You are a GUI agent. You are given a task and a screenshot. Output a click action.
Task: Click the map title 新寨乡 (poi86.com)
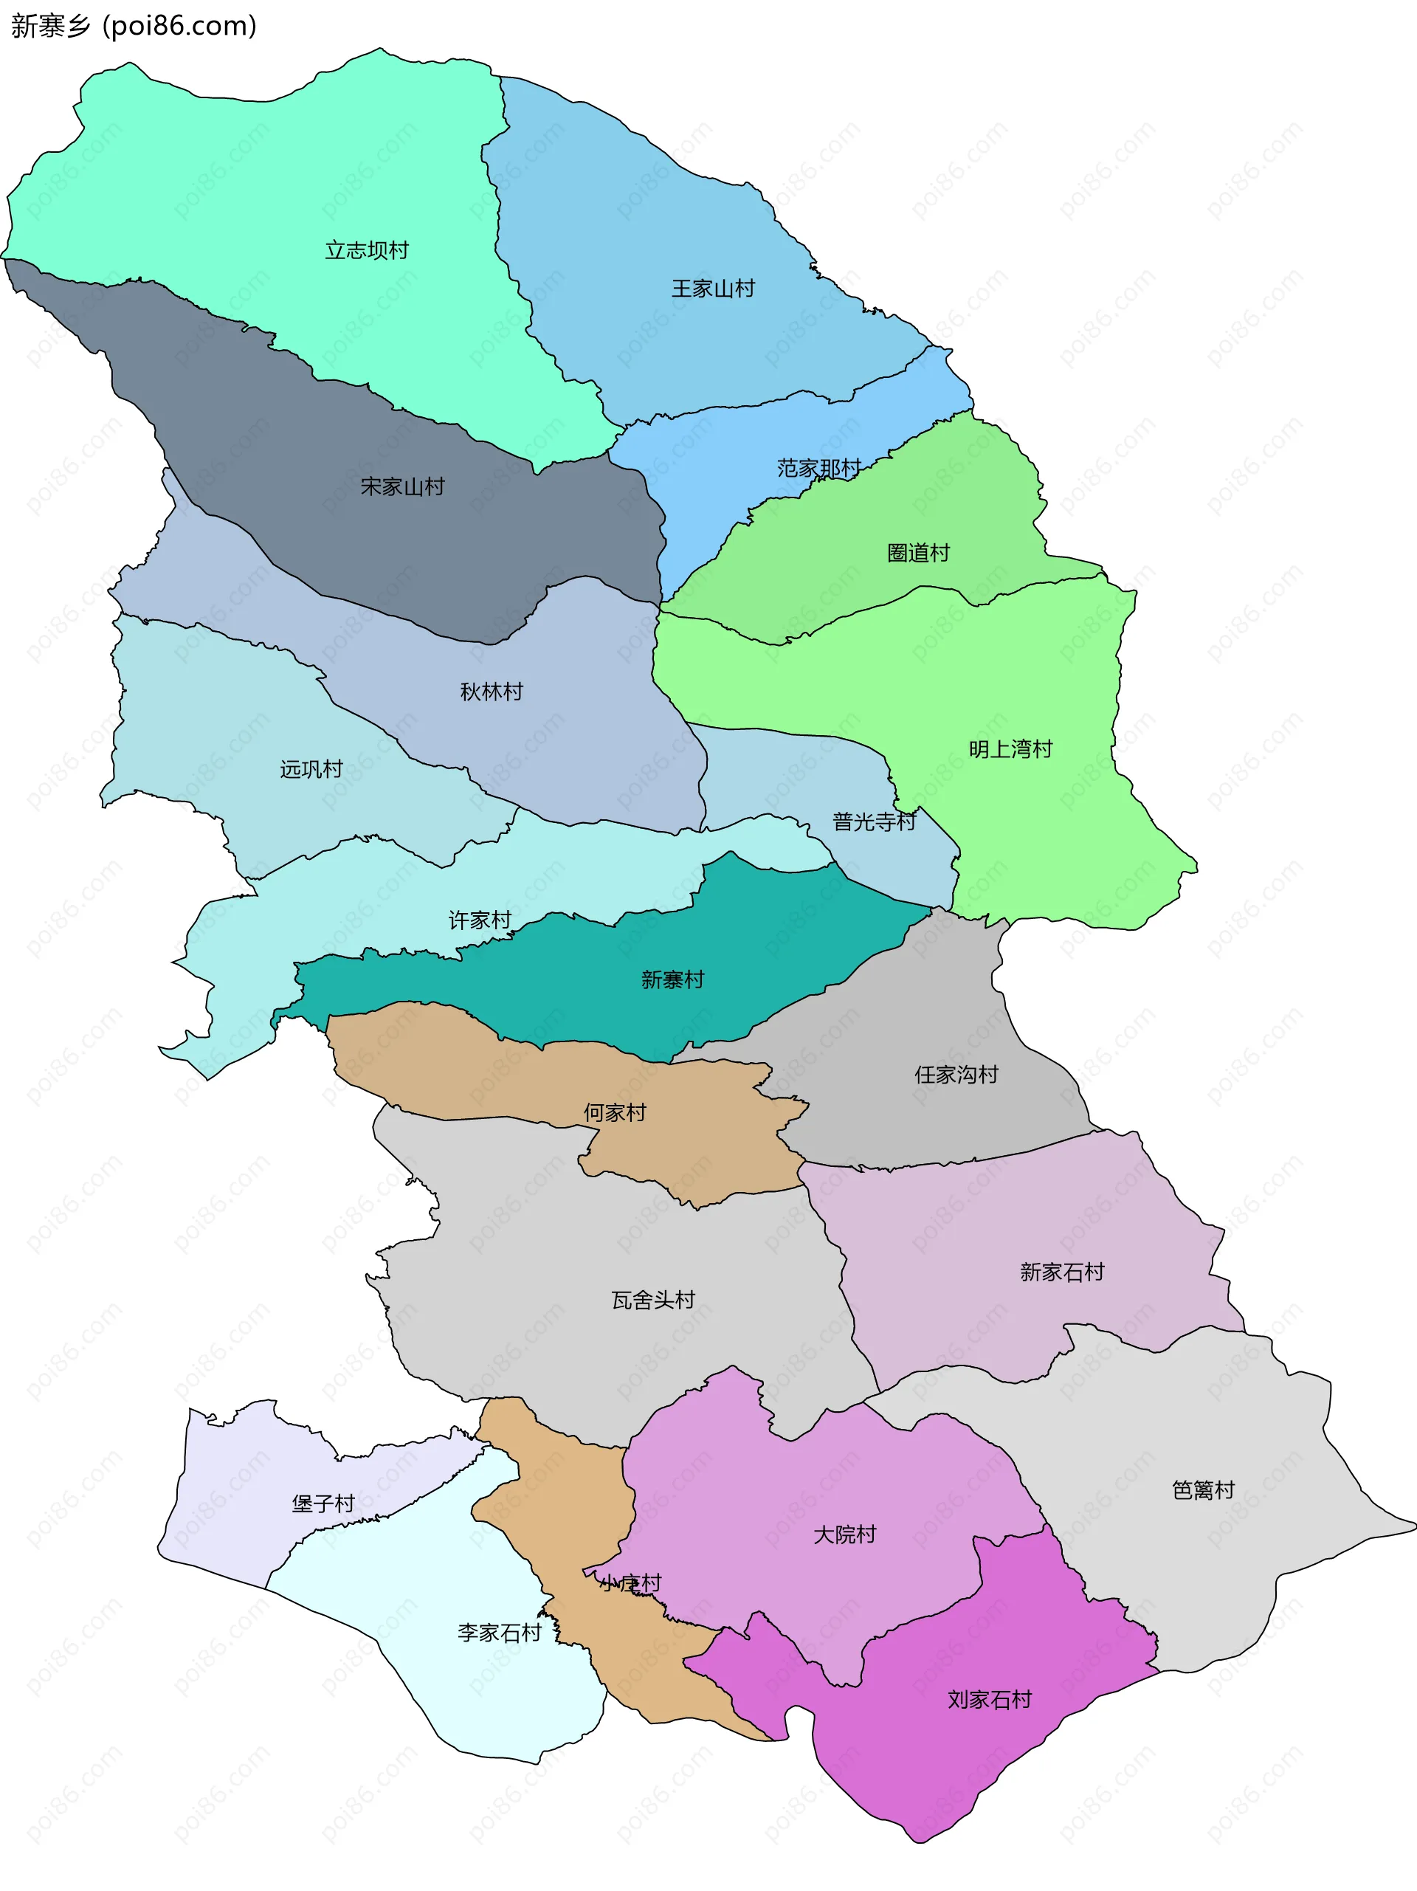click(134, 26)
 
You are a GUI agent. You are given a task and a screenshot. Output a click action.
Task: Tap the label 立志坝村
click(367, 250)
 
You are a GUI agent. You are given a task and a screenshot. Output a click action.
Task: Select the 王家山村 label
click(713, 289)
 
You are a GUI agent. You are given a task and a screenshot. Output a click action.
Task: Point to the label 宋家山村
click(402, 487)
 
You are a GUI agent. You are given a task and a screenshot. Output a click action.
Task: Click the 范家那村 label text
click(818, 469)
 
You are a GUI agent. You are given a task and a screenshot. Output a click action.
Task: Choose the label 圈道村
click(918, 553)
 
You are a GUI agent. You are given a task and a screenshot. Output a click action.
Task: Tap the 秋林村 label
click(491, 692)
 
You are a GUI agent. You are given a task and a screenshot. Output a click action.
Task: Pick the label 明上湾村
click(1010, 750)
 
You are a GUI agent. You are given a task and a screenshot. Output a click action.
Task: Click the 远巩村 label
click(311, 769)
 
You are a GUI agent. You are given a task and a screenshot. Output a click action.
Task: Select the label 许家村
click(480, 920)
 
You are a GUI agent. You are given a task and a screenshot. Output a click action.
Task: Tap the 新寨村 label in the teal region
click(672, 979)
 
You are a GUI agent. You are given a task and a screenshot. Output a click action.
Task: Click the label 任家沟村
click(956, 1075)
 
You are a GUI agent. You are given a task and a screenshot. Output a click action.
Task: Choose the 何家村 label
click(615, 1112)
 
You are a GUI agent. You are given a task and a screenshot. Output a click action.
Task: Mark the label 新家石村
click(1061, 1272)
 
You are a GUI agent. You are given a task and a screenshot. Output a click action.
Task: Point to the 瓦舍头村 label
click(653, 1301)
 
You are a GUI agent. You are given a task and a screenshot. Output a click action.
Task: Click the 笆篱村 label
click(1202, 1490)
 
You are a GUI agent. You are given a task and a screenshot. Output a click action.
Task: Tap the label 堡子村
click(323, 1503)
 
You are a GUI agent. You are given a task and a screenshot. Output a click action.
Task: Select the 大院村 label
click(844, 1534)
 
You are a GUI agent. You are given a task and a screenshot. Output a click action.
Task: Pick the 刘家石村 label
click(989, 1700)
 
